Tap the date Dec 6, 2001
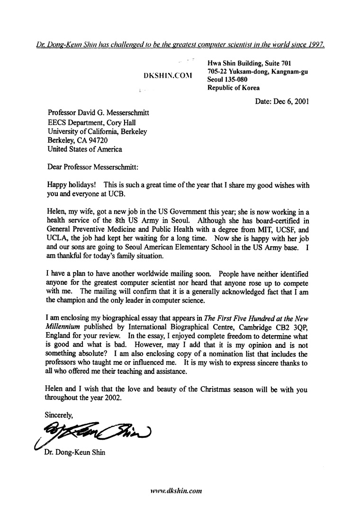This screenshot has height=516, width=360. (282, 101)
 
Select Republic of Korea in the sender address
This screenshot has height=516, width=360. (234, 88)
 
